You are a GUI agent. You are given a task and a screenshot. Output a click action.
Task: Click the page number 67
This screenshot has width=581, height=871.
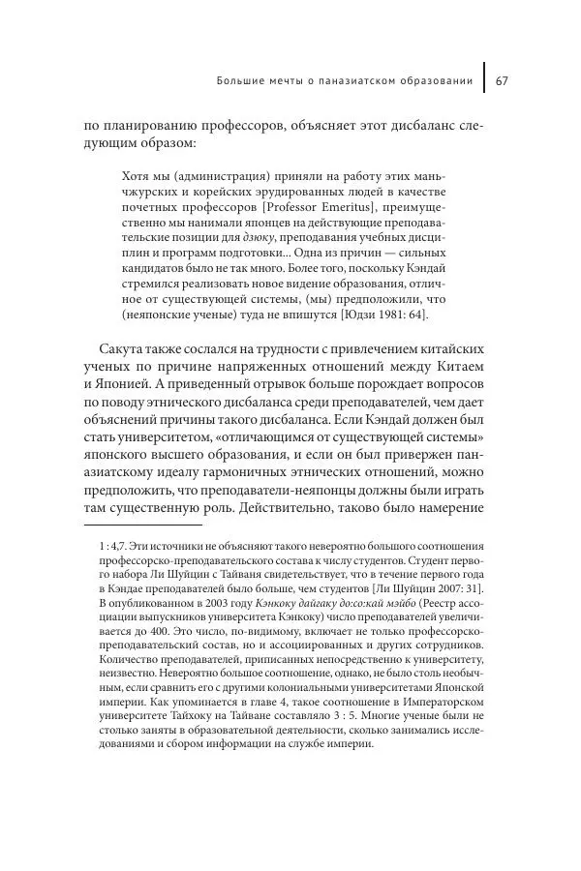point(503,80)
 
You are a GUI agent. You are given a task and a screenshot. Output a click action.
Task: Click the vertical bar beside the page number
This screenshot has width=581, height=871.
point(483,80)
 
